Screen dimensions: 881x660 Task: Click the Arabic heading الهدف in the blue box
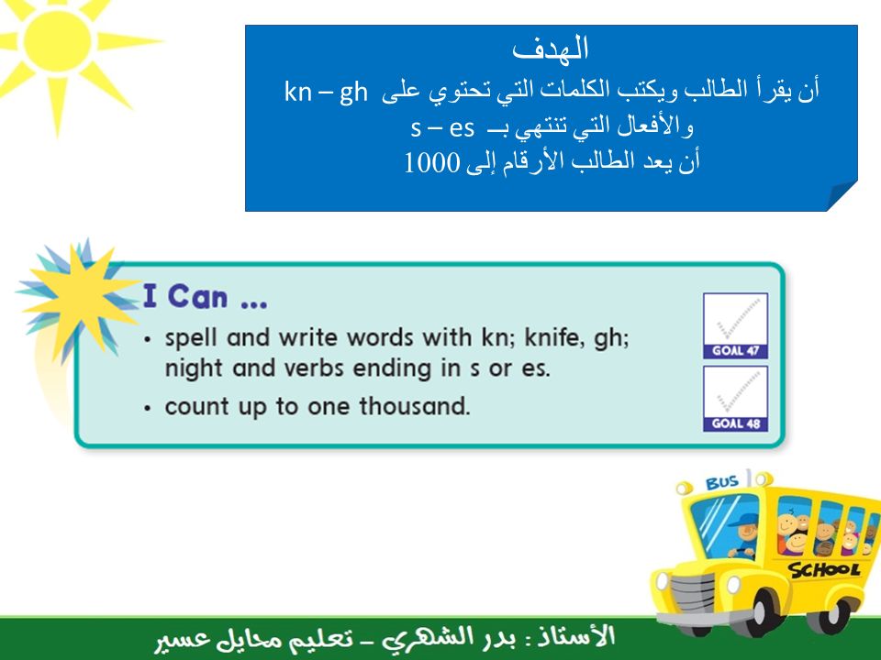[x=550, y=49]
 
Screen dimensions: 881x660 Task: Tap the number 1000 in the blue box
[x=431, y=163]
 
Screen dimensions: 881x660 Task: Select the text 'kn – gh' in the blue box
[x=326, y=92]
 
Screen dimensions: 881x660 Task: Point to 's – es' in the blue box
[x=442, y=128]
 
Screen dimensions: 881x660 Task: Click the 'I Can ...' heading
[x=205, y=296]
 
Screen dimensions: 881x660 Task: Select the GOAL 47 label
[x=735, y=351]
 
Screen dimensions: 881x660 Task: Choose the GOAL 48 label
[x=735, y=423]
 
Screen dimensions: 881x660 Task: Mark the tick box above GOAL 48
[x=735, y=391]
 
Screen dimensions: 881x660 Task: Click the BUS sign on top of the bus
[x=722, y=483]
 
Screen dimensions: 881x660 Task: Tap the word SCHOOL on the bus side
[x=824, y=570]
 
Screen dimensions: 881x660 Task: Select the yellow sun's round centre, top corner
[x=57, y=40]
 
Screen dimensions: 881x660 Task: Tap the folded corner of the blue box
[x=842, y=196]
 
